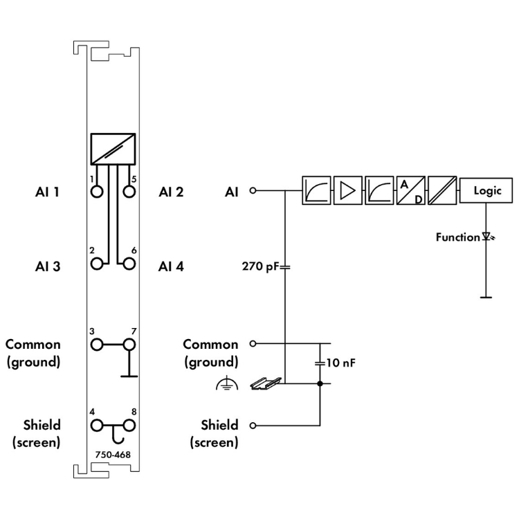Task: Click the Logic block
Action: pos(487,190)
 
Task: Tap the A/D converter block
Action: pos(409,190)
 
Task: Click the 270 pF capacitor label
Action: pos(259,265)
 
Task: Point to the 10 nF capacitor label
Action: pos(342,362)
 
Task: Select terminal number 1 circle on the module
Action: pos(96,191)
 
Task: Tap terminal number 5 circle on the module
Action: pos(129,191)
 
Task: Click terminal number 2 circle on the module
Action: pos(96,264)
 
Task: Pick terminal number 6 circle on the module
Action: pos(129,264)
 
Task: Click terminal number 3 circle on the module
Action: pos(96,344)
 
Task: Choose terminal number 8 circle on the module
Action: pos(129,425)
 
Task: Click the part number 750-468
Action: pos(113,455)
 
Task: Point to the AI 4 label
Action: pos(171,265)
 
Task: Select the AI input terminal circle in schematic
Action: pos(253,190)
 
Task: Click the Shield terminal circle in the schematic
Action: pos(253,425)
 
